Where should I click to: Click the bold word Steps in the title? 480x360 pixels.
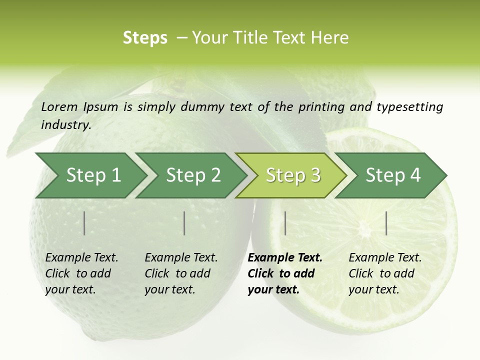pyautogui.click(x=145, y=38)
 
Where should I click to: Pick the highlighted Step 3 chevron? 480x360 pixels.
pyautogui.click(x=293, y=175)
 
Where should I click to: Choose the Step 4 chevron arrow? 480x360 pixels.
pyautogui.click(x=393, y=175)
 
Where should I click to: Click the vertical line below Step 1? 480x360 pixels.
pyautogui.click(x=84, y=223)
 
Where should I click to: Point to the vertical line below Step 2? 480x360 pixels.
pyautogui.click(x=184, y=223)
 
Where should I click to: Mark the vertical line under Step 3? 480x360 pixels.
pyautogui.click(x=285, y=223)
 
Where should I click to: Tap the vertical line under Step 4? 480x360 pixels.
pyautogui.click(x=386, y=223)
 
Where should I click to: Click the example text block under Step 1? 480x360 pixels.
pyautogui.click(x=81, y=273)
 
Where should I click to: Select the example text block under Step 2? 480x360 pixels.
pyautogui.click(x=181, y=273)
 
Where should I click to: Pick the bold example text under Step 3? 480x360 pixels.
pyautogui.click(x=285, y=273)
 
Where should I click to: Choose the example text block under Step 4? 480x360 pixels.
pyautogui.click(x=385, y=273)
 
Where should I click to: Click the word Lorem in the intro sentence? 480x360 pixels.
pyautogui.click(x=59, y=106)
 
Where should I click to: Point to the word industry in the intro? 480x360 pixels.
pyautogui.click(x=66, y=124)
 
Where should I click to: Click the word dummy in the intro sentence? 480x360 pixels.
pyautogui.click(x=202, y=107)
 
